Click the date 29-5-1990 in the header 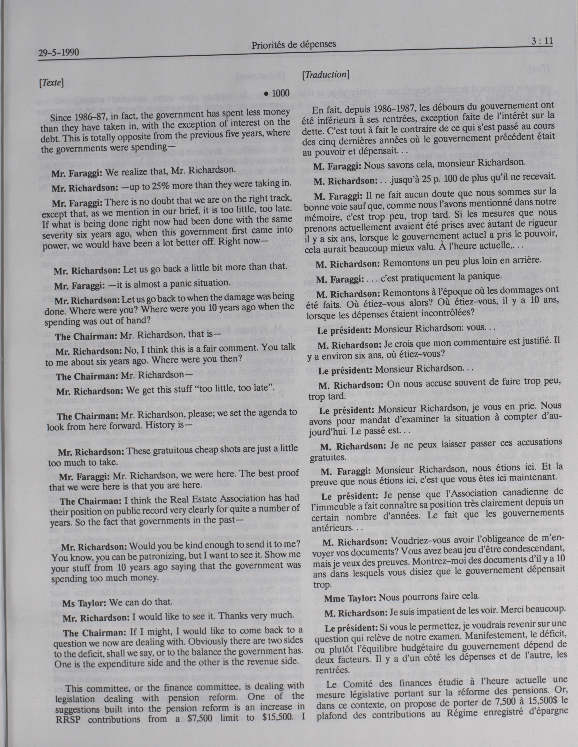pos(59,53)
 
